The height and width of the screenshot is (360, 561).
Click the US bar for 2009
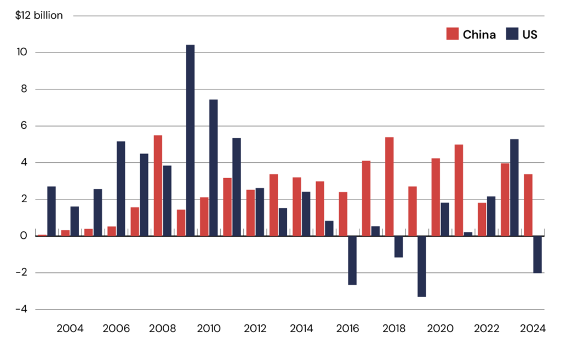tap(190, 140)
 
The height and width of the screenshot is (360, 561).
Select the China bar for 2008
tap(158, 186)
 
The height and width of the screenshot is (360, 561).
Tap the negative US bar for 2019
tap(422, 266)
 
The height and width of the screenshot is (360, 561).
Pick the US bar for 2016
tap(352, 260)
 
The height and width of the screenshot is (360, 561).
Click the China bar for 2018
tap(390, 186)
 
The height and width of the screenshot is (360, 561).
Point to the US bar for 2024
tap(537, 254)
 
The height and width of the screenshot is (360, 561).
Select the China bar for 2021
tap(459, 190)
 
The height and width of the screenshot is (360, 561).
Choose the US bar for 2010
tap(214, 168)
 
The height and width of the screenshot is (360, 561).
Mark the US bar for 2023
tap(514, 187)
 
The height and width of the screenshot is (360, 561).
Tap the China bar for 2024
tap(528, 205)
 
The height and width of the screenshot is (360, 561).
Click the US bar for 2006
tap(121, 188)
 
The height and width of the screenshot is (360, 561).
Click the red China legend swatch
tap(453, 34)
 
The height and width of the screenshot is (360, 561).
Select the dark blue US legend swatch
tap(512, 34)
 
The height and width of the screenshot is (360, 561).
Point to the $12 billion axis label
tap(39, 15)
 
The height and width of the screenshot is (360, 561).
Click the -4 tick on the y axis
tap(21, 309)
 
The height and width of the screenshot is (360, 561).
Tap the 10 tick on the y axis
tap(22, 52)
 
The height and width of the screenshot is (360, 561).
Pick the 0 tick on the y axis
tap(24, 236)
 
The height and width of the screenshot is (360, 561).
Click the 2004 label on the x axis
tap(70, 329)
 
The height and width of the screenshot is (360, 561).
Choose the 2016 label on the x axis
tap(347, 329)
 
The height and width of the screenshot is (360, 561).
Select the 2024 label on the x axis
tap(533, 329)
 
